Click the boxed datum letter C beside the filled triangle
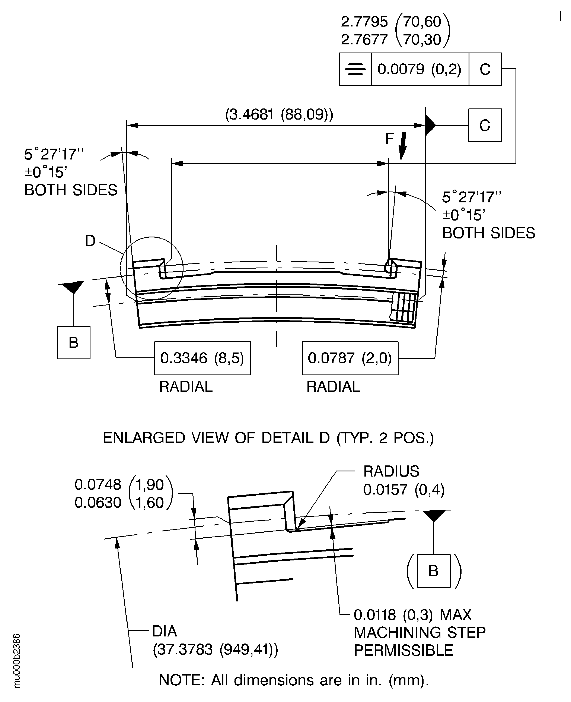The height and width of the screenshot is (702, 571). pos(485,125)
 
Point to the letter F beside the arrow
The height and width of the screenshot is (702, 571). pos(389,139)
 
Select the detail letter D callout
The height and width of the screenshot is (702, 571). pos(90,241)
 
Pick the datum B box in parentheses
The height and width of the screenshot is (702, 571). pos(434,571)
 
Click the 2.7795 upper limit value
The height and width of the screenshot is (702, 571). pos(364,22)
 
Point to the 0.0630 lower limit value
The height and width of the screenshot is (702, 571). pos(98,503)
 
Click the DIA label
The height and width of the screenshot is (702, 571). pos(165,631)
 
